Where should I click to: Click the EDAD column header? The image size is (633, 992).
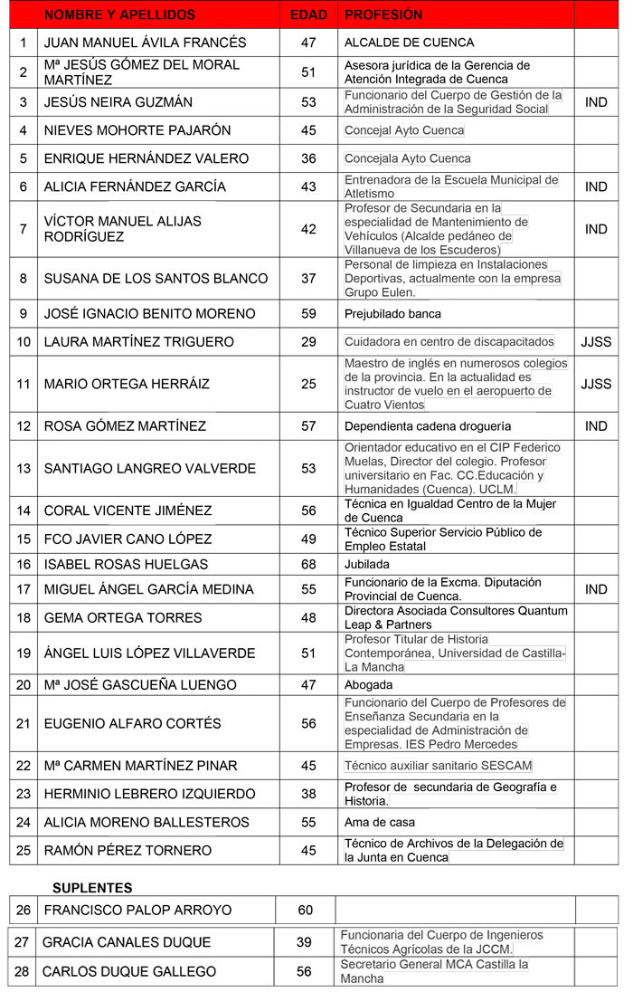(x=308, y=15)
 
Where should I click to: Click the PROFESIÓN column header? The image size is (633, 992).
(x=383, y=15)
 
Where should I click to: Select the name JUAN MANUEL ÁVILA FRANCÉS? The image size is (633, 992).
(x=145, y=43)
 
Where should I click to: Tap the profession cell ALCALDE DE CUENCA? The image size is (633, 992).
(x=409, y=43)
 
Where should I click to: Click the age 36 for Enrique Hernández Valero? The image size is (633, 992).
(x=308, y=158)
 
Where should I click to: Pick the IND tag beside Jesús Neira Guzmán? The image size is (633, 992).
(x=596, y=102)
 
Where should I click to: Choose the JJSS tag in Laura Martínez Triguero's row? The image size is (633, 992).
(x=596, y=341)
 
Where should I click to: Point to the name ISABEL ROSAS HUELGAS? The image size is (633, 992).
(x=126, y=564)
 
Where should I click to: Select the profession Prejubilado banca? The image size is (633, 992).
(x=392, y=314)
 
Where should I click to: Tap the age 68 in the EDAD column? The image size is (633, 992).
(x=308, y=564)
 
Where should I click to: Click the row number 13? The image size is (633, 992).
(x=24, y=468)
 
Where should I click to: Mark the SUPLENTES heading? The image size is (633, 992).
(x=92, y=888)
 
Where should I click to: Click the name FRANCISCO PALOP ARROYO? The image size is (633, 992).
(x=137, y=910)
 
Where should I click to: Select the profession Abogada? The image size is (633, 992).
(x=368, y=685)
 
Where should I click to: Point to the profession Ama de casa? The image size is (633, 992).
(x=380, y=823)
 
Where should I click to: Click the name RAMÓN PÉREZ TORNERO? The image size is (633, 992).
(x=128, y=850)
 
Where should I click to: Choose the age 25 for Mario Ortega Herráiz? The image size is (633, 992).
(x=308, y=384)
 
